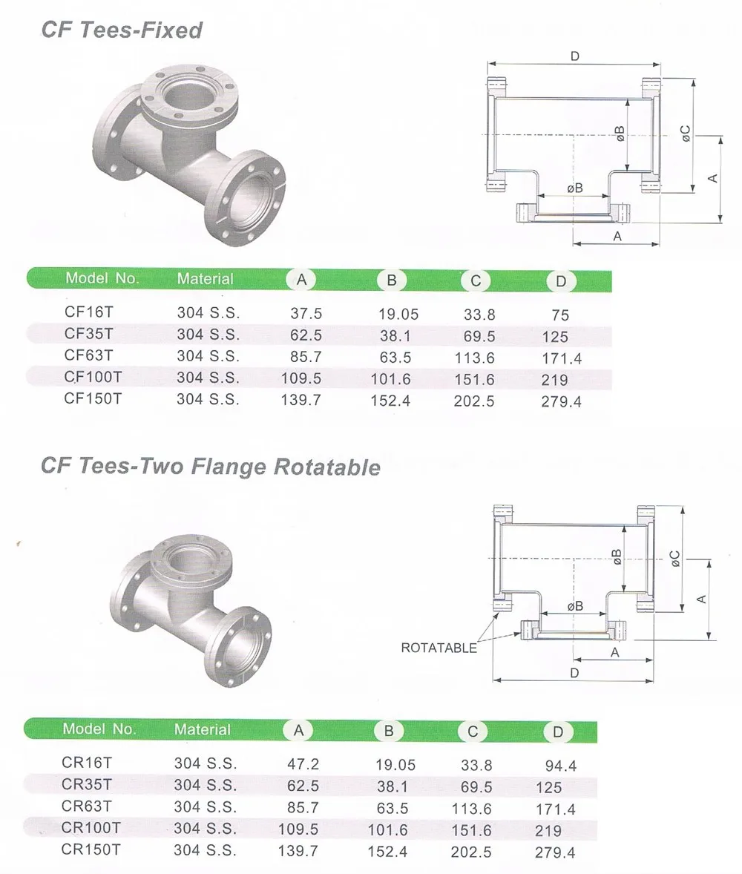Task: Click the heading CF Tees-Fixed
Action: tap(122, 30)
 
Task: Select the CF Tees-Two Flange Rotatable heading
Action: tap(211, 466)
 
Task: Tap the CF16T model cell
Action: tap(88, 312)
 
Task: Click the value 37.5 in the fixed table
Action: tap(306, 313)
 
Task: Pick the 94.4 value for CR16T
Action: tap(561, 766)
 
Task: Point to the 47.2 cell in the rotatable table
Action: tap(303, 763)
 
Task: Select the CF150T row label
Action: tap(93, 398)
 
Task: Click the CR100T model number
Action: tap(91, 828)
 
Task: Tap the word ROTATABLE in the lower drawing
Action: tap(439, 648)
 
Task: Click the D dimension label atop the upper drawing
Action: tap(575, 56)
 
